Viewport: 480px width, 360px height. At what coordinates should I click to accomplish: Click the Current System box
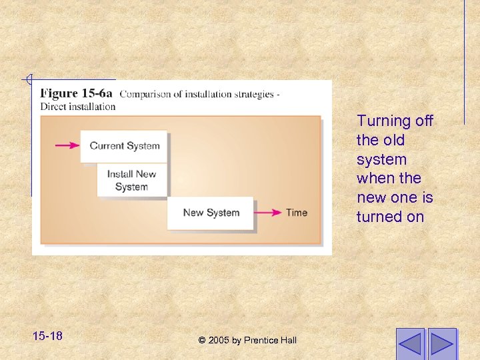point(124,146)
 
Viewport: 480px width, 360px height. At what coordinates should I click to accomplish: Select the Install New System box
point(131,180)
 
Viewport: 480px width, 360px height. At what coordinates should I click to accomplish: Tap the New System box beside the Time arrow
point(210,213)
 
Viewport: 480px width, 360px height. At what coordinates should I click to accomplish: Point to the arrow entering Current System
point(67,145)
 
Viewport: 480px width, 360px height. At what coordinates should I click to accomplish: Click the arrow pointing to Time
point(268,213)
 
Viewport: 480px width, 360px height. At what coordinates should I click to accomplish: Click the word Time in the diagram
point(297,213)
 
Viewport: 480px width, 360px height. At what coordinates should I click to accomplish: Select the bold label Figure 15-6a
point(77,94)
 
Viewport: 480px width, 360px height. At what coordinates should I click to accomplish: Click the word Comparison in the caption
point(143,94)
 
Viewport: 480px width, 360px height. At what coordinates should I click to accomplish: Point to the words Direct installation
point(78,107)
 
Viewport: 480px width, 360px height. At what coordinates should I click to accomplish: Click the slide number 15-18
point(47,335)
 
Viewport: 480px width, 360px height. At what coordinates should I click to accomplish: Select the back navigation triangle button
point(410,344)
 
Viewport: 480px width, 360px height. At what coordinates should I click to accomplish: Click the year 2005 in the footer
point(219,340)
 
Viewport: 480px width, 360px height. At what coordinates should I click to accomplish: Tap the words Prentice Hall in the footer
point(270,340)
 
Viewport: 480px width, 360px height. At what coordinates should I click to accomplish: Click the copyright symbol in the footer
point(202,340)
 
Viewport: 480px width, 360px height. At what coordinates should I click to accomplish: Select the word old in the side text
point(393,140)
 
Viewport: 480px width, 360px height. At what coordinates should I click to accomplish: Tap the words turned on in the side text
point(390,217)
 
